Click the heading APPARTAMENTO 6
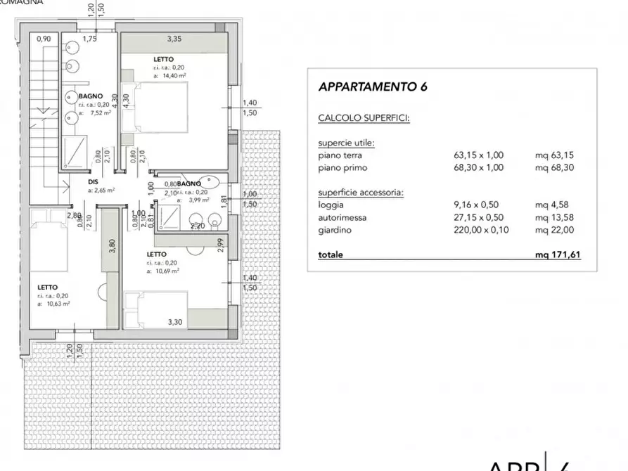tap(373, 88)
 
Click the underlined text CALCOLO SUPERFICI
tap(363, 118)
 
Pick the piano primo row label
tap(342, 168)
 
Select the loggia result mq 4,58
tap(549, 205)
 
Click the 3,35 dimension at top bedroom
tap(174, 39)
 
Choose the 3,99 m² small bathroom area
tap(191, 200)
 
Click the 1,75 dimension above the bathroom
tap(89, 39)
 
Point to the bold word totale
tap(331, 255)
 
